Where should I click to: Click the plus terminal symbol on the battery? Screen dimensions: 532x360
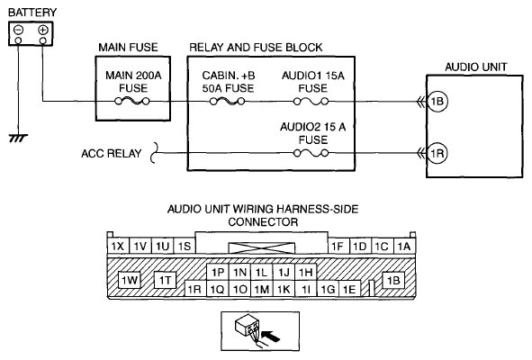[x=42, y=30]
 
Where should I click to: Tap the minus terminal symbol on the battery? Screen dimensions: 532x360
[x=18, y=30]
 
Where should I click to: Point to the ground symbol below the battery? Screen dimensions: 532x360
[x=18, y=138]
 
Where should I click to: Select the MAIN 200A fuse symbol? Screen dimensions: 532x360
[x=132, y=101]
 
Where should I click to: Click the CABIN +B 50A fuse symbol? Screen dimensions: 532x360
[x=228, y=101]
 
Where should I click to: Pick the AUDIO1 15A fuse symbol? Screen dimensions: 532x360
[x=311, y=101]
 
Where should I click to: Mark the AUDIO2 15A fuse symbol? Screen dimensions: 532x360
[x=311, y=153]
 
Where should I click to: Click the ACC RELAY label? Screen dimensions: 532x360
[x=112, y=153]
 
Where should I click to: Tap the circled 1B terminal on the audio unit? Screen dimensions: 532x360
[x=437, y=101]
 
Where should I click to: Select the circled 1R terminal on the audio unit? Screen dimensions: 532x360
[x=437, y=153]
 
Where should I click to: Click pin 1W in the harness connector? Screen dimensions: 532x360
[x=130, y=280]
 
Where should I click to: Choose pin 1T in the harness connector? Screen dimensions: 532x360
[x=166, y=280]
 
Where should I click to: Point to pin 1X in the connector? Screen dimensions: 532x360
[x=118, y=246]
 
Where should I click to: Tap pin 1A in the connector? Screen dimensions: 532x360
[x=404, y=246]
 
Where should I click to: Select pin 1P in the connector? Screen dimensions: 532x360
[x=218, y=272]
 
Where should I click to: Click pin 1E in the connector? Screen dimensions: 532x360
[x=349, y=289]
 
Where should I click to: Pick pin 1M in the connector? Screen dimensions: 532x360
[x=262, y=289]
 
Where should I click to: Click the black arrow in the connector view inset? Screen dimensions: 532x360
[x=272, y=337]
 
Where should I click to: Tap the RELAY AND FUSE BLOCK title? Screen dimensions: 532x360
[x=256, y=48]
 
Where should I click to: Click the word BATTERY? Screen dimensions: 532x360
[x=32, y=13]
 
